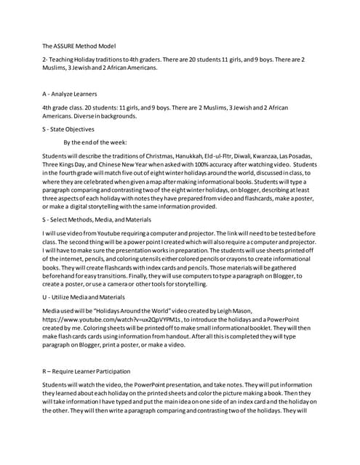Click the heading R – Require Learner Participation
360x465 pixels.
tap(88, 371)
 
